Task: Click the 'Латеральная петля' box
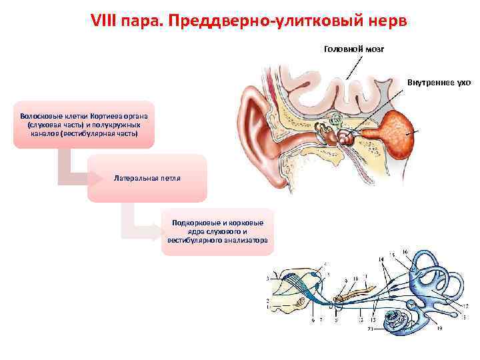tap(147, 179)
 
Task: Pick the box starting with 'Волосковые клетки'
tap(83, 124)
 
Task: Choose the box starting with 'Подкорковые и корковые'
tap(217, 231)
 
